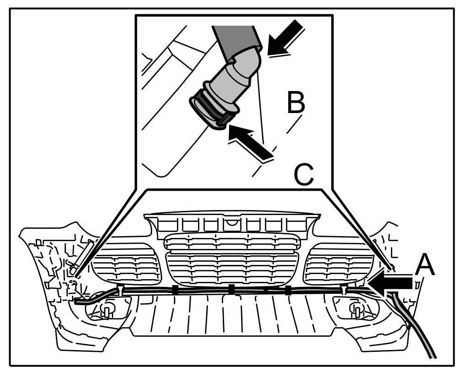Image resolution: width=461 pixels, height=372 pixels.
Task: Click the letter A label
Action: click(425, 265)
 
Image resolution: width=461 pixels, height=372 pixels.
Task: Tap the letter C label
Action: click(303, 174)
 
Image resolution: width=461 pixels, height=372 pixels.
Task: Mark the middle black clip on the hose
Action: click(231, 288)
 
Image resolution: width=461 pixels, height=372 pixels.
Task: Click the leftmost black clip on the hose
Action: click(175, 289)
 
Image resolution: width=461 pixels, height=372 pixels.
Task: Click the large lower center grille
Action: click(231, 268)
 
